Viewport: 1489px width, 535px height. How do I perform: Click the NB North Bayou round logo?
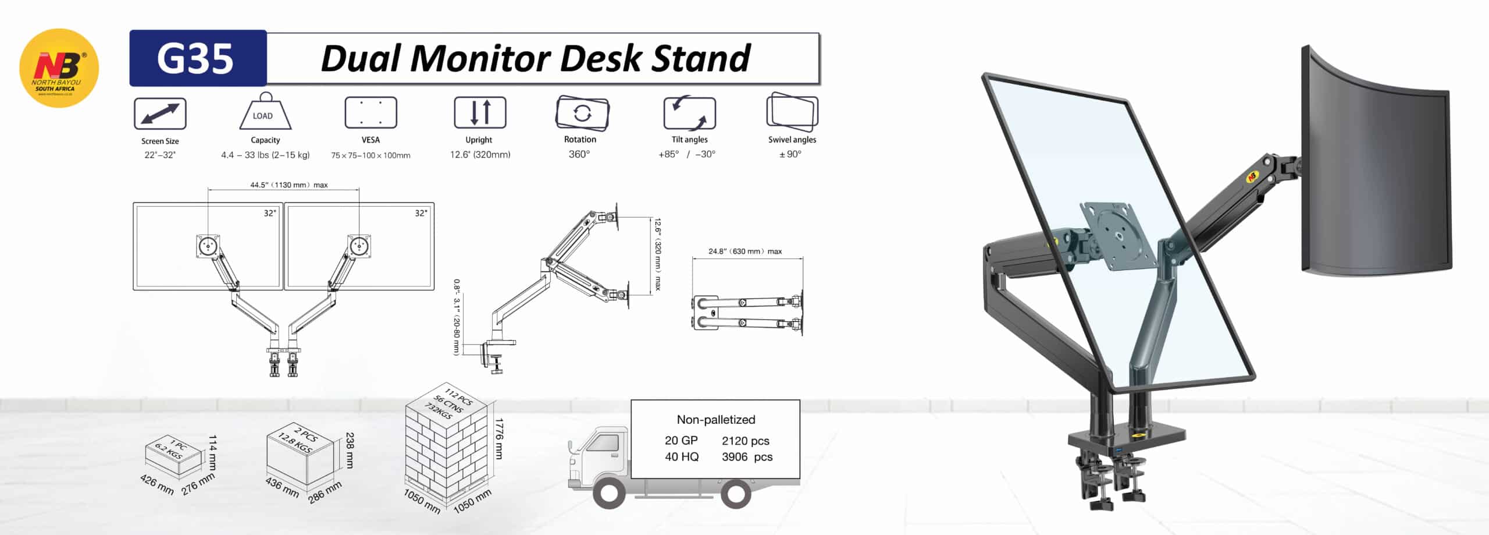59,68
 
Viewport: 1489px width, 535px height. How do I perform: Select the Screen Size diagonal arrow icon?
160,113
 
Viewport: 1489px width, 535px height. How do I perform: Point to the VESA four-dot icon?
371,112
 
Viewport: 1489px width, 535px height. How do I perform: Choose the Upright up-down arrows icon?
480,112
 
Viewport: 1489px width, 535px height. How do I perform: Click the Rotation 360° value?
579,154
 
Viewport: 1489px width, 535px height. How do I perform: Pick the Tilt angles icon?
689,113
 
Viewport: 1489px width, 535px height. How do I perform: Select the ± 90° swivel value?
790,154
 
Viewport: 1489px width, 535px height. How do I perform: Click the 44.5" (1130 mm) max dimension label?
289,185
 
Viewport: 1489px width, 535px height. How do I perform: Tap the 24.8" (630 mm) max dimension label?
745,251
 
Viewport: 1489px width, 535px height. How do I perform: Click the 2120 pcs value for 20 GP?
746,441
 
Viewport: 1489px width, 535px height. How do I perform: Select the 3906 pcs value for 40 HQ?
747,458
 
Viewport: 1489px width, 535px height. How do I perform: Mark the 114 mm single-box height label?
212,452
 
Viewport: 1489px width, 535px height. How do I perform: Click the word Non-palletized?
716,420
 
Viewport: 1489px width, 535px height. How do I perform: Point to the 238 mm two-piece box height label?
349,449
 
